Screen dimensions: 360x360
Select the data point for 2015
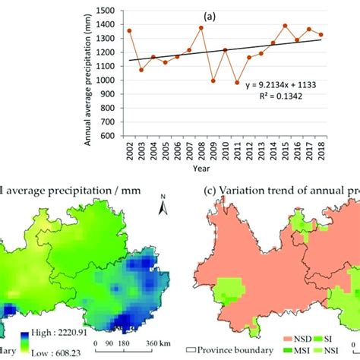tap(285, 25)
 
